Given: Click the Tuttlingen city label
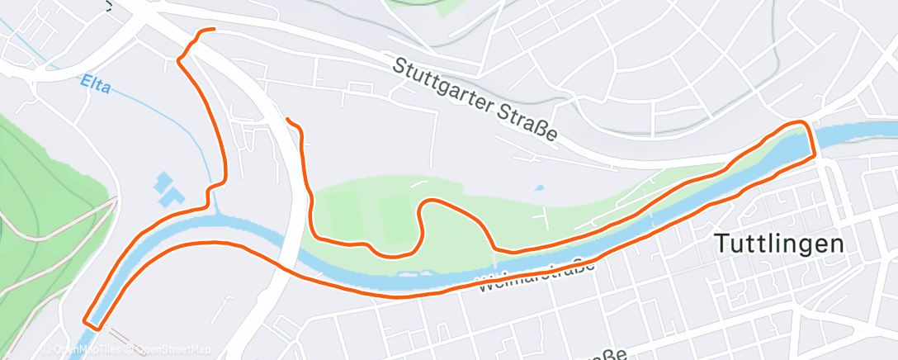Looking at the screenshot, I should point(778,244).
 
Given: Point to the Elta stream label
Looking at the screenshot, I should point(95,83).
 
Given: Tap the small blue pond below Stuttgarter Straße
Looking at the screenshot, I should point(539,188).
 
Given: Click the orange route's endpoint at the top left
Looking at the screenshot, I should point(213,30).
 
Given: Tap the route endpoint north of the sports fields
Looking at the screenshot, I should point(288,119).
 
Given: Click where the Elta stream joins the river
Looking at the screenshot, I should point(216,211).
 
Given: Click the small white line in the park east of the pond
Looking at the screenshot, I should point(545,216).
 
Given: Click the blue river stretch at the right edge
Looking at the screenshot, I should point(867,132).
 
